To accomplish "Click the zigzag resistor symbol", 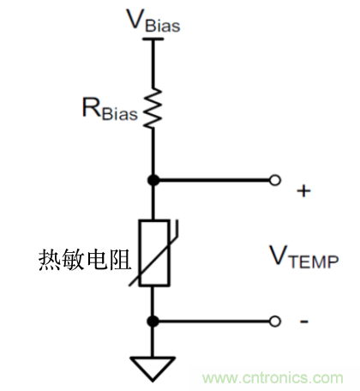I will coord(154,106).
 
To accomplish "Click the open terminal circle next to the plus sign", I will coord(274,181).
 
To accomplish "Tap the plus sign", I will coord(303,191).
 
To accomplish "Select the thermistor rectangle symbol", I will coord(154,253).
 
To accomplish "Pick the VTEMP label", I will coord(303,256).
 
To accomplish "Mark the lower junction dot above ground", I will coord(154,321).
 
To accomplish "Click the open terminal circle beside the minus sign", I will coord(274,321).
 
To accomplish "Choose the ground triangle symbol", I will coord(154,366).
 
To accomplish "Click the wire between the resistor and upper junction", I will coord(154,154).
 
